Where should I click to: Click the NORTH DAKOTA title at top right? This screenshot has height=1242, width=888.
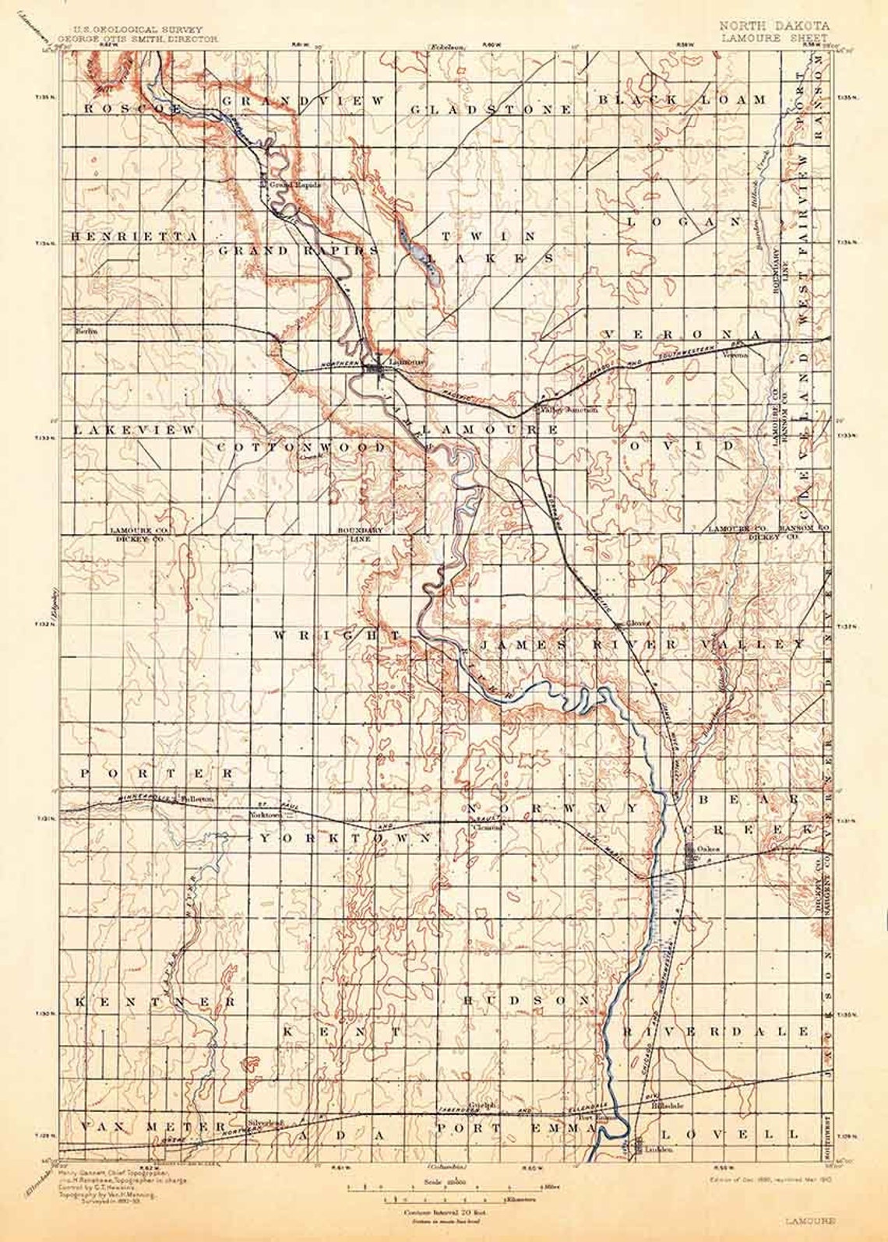(774, 26)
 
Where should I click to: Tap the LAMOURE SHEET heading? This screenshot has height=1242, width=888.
(773, 37)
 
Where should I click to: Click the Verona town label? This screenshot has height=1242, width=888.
(735, 355)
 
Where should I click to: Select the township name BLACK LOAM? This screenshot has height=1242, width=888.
(682, 100)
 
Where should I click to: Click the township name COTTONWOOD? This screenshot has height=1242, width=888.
(301, 448)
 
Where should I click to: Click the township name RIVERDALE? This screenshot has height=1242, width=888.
(728, 1031)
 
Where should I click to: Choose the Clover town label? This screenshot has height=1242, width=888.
(638, 623)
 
